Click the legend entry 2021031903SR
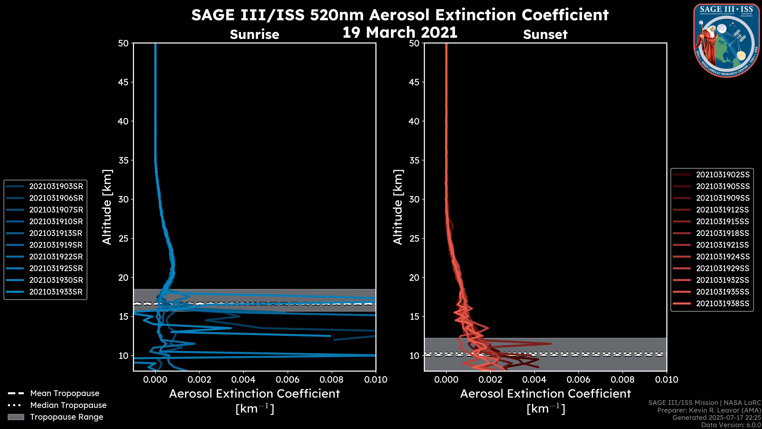coord(56,186)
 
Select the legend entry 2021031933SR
coord(56,292)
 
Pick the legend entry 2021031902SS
coord(723,175)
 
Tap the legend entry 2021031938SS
coord(723,303)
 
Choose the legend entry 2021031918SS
coord(723,233)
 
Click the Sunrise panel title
coord(254,34)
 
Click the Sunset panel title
coord(545,34)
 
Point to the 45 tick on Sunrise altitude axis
coord(124,82)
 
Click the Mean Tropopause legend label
coord(65,393)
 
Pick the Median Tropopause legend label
coord(68,405)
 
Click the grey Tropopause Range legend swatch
coord(16,417)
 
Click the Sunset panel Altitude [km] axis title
coord(398,207)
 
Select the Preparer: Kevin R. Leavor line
coord(709,410)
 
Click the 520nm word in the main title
coord(337,15)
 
